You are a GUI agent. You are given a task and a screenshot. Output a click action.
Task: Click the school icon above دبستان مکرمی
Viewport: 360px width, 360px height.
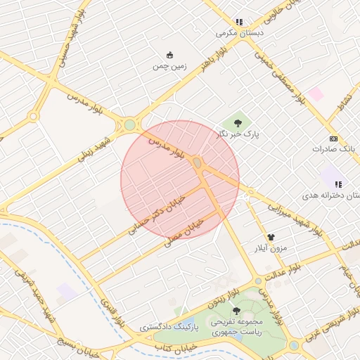pyautogui.click(x=239, y=22)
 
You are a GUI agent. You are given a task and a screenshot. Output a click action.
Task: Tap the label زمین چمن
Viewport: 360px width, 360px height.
pyautogui.click(x=169, y=67)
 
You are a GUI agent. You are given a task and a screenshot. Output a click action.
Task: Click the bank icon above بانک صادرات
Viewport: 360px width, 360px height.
pyautogui.click(x=333, y=139)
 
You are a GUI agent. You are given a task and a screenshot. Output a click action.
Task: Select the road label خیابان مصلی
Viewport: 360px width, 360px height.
pyautogui.click(x=184, y=231)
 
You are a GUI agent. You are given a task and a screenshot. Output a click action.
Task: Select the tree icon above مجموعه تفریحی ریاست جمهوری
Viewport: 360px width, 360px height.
pyautogui.click(x=236, y=310)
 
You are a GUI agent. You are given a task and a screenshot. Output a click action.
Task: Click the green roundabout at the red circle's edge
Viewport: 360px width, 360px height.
pyautogui.click(x=129, y=125)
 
